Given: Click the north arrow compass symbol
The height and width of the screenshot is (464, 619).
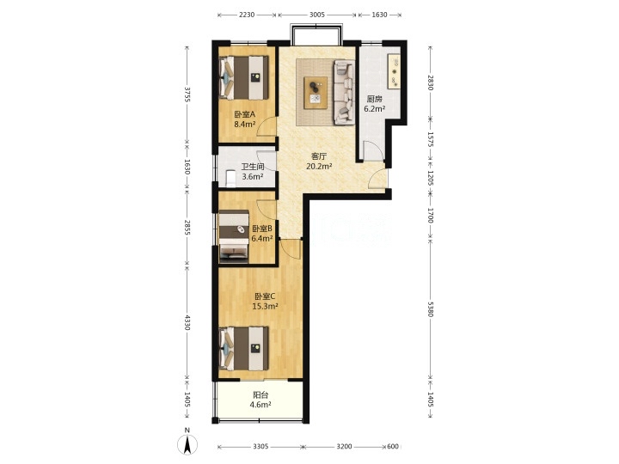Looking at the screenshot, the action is click(187, 444).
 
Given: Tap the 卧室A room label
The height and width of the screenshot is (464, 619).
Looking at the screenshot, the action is click(245, 114).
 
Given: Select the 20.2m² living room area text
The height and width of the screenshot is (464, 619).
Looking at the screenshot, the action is click(319, 166).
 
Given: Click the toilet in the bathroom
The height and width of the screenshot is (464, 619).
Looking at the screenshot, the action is click(230, 178).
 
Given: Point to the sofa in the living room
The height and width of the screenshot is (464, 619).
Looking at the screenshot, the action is click(343, 92).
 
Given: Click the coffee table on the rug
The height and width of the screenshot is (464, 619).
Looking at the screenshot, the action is click(316, 93).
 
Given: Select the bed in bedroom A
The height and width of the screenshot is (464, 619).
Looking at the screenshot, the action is click(243, 77).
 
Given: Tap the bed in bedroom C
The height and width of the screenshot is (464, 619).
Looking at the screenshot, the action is click(243, 348).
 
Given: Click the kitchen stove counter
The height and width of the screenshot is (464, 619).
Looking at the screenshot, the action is click(395, 72).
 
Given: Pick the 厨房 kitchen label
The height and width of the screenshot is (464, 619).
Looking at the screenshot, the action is click(374, 99).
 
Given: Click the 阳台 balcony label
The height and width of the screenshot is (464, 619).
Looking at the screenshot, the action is click(261, 395).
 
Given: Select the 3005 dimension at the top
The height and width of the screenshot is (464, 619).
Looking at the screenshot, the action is click(317, 15).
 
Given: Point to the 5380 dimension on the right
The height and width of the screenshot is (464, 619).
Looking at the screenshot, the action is click(431, 307).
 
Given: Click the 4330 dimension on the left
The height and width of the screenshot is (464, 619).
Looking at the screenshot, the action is click(187, 322).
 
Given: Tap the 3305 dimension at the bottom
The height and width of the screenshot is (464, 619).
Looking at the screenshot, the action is click(261, 446).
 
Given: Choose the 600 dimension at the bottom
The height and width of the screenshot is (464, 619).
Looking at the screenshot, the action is click(393, 446).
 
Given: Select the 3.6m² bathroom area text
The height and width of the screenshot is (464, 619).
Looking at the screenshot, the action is click(253, 176).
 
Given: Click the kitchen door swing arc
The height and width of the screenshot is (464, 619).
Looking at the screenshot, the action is click(377, 147).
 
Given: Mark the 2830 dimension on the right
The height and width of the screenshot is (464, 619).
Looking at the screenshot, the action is click(431, 82).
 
